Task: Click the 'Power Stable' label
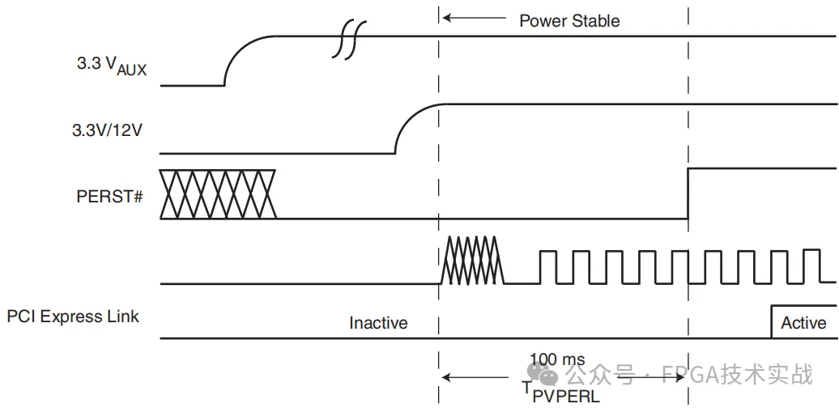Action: [569, 21]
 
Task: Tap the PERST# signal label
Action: [110, 195]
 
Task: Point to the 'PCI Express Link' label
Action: [73, 317]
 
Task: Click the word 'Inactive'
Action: [378, 323]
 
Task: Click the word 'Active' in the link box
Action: [803, 323]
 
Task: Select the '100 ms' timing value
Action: [557, 359]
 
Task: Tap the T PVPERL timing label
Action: [560, 392]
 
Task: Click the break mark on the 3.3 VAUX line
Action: [349, 38]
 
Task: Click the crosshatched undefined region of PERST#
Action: [218, 194]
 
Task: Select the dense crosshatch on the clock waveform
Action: [472, 259]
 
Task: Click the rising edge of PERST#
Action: [688, 193]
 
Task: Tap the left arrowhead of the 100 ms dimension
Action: [447, 376]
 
